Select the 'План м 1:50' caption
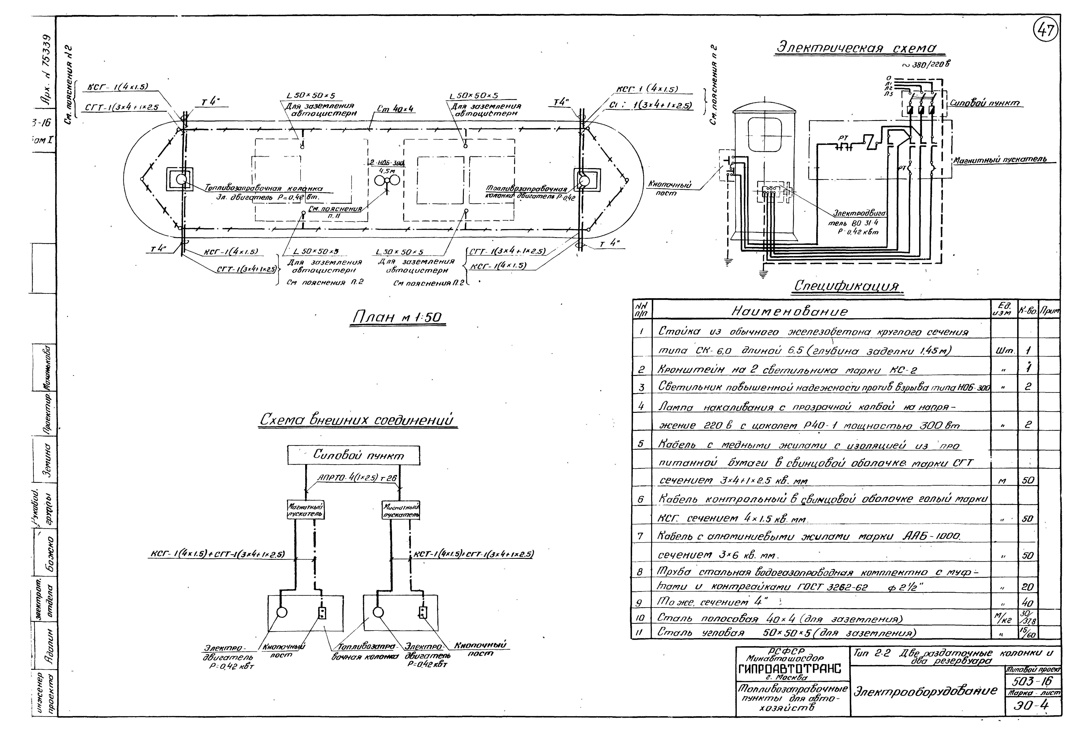click(x=398, y=318)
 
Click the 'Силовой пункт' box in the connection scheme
click(x=354, y=455)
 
